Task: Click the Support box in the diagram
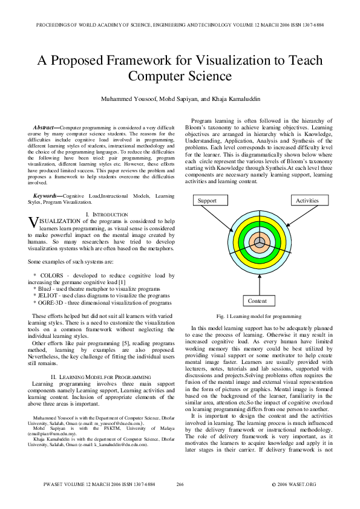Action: click(208, 200)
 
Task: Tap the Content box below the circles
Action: click(258, 300)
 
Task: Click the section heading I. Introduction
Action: click(106, 215)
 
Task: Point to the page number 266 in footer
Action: click(180, 484)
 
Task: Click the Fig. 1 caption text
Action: click(258, 316)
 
